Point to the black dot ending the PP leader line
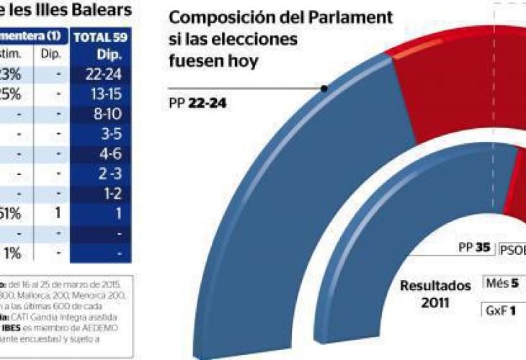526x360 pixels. click(325, 89)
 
